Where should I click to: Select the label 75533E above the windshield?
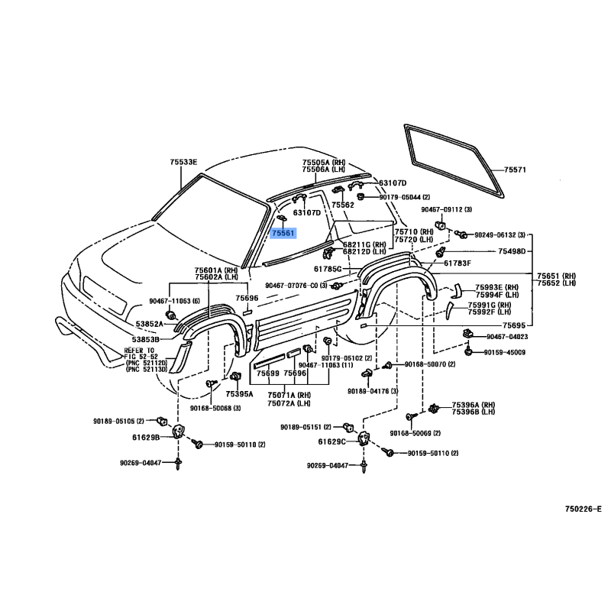[x=183, y=162]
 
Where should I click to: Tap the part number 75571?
[x=516, y=170]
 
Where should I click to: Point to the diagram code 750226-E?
[x=583, y=509]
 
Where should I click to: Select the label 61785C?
[x=328, y=269]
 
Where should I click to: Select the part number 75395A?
[x=239, y=394]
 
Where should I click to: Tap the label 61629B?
[x=145, y=438]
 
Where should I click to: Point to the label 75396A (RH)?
[x=474, y=405]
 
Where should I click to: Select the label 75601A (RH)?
[x=216, y=270]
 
